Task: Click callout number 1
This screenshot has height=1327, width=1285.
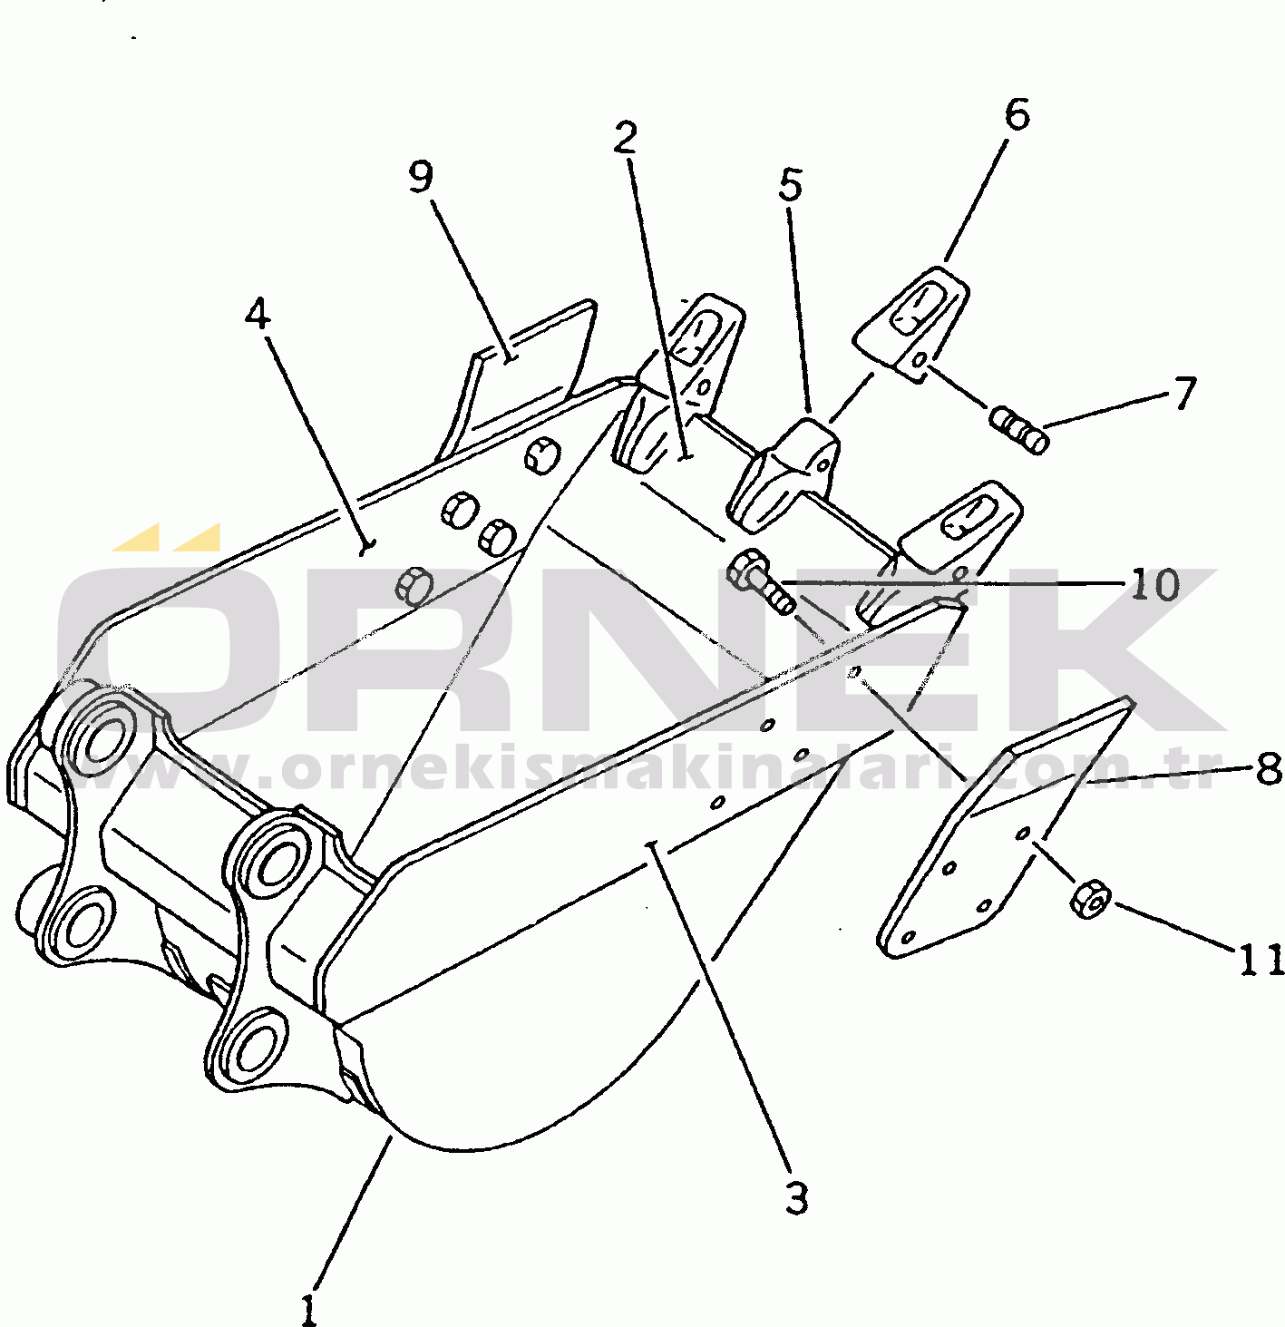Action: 309,1309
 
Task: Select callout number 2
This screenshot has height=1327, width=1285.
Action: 625,137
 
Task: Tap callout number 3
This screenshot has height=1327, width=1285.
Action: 795,1197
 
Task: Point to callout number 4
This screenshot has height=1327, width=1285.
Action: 258,314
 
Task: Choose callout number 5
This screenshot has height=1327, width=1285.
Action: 791,185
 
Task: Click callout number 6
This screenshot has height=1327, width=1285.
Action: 1017,115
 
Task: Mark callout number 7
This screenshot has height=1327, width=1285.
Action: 1184,394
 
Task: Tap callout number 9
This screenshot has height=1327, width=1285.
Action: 420,177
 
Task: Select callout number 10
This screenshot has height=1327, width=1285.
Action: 1154,585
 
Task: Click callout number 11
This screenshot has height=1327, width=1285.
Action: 1261,960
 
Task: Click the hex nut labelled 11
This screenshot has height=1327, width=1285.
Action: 1090,899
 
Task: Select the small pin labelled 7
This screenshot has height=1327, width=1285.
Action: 1019,430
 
